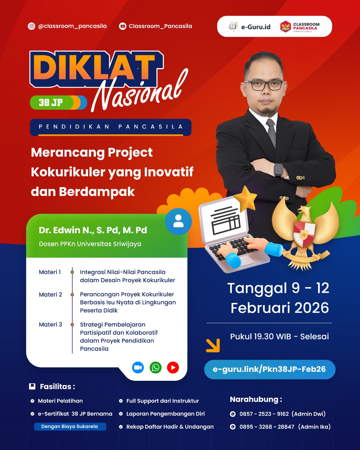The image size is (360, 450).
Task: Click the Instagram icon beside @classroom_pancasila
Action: (31, 26)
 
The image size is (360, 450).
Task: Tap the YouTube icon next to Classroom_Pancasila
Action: (123, 26)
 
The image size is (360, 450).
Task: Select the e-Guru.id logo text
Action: (256, 27)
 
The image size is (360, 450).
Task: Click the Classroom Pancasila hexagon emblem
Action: (285, 26)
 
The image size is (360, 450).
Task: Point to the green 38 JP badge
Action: (58, 102)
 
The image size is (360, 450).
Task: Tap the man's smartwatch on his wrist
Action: (279, 170)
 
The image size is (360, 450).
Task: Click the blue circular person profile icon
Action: (178, 221)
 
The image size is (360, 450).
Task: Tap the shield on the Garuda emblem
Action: (304, 234)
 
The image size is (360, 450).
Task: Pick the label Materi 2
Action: (50, 294)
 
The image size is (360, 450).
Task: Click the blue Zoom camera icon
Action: (138, 367)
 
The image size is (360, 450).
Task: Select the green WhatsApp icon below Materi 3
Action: (156, 367)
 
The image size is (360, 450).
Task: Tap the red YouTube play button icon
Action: (173, 367)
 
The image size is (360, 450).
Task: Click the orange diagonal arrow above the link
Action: (213, 345)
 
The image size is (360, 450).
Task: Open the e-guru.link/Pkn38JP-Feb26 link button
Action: (270, 369)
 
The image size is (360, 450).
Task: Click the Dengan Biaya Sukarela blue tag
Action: (70, 426)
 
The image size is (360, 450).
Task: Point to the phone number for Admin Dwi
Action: (264, 414)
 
